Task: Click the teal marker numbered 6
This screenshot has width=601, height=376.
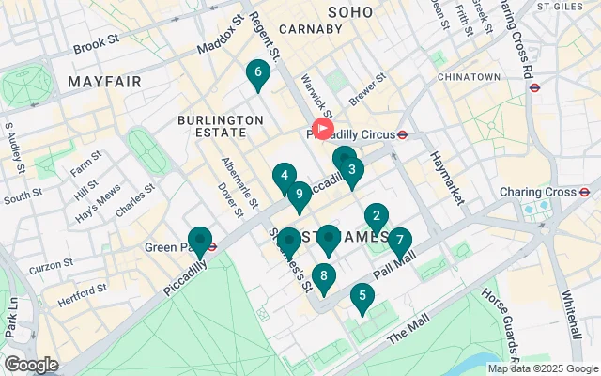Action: click(x=256, y=72)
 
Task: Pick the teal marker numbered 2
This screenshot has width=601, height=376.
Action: click(x=377, y=216)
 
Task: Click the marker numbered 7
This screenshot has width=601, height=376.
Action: click(x=400, y=241)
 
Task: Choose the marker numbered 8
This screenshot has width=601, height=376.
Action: click(x=324, y=276)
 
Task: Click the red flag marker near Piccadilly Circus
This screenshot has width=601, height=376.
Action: click(x=322, y=128)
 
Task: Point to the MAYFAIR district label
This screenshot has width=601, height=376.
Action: click(x=104, y=82)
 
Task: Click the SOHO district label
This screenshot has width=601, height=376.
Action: click(x=351, y=11)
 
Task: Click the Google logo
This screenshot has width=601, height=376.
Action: click(x=31, y=365)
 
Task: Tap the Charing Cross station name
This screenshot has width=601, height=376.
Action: click(x=536, y=192)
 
